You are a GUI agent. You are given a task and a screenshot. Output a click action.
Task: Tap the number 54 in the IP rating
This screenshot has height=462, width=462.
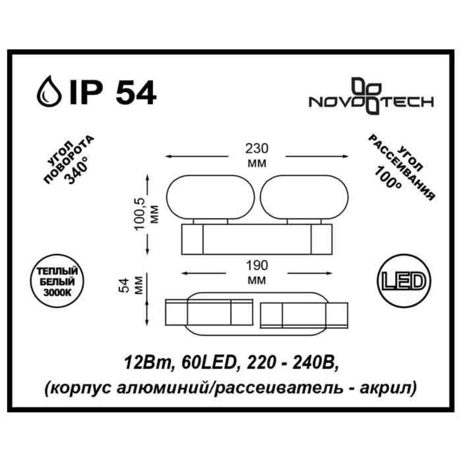click(135, 93)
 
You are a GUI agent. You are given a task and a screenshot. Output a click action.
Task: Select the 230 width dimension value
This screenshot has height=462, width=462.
click(257, 149)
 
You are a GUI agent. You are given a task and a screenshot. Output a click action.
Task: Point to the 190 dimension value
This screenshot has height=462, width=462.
click(257, 266)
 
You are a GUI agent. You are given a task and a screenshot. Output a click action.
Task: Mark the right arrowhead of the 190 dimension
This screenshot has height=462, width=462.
click(330, 273)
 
